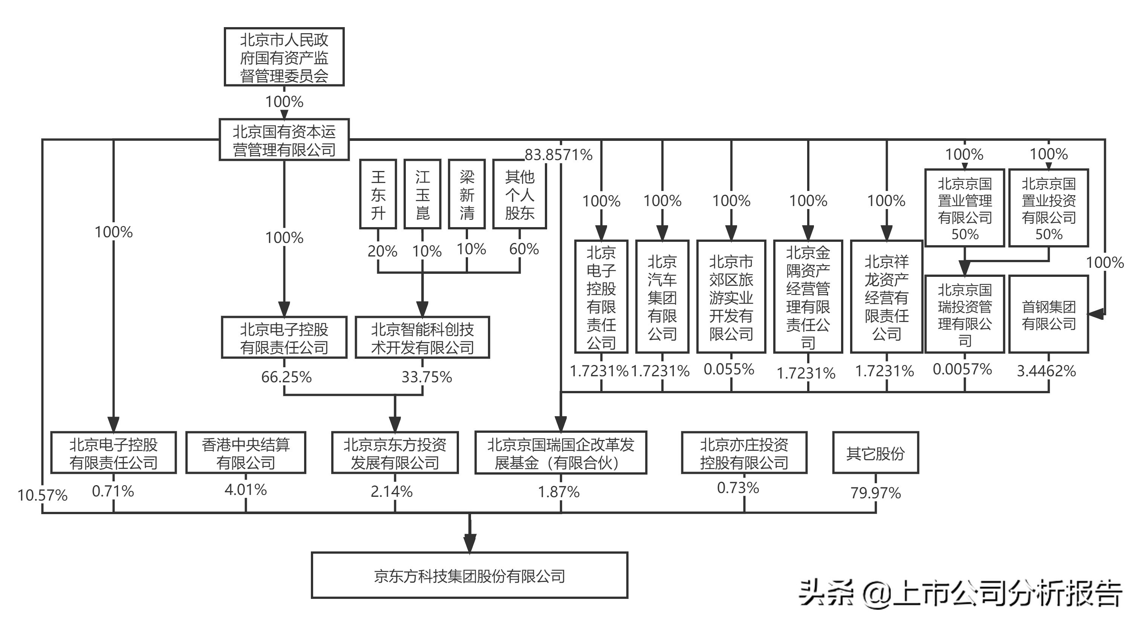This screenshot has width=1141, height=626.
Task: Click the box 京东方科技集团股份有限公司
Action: click(469, 576)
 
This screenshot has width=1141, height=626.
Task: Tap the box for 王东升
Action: click(378, 194)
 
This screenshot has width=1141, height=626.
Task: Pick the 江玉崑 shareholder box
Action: click(422, 194)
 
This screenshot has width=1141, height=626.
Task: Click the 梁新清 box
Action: click(467, 194)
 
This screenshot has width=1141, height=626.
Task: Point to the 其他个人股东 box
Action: click(520, 194)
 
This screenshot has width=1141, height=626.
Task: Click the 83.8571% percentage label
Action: click(558, 155)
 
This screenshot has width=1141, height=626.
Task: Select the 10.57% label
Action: click(43, 495)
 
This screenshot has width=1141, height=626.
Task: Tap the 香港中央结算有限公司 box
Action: click(246, 453)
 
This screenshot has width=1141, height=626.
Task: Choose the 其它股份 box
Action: click(875, 453)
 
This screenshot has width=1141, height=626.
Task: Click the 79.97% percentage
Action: click(875, 493)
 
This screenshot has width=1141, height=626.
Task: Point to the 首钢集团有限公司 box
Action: click(1048, 315)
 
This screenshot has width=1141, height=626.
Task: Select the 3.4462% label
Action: click(1046, 371)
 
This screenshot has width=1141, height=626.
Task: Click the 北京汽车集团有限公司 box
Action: click(662, 297)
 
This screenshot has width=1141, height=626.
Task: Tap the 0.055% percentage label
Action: click(729, 369)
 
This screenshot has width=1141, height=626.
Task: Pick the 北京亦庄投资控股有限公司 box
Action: click(744, 453)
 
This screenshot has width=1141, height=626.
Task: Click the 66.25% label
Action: click(286, 377)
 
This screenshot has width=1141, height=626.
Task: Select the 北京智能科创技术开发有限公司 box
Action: click(422, 338)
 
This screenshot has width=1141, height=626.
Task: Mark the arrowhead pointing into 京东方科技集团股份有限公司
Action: click(470, 543)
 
